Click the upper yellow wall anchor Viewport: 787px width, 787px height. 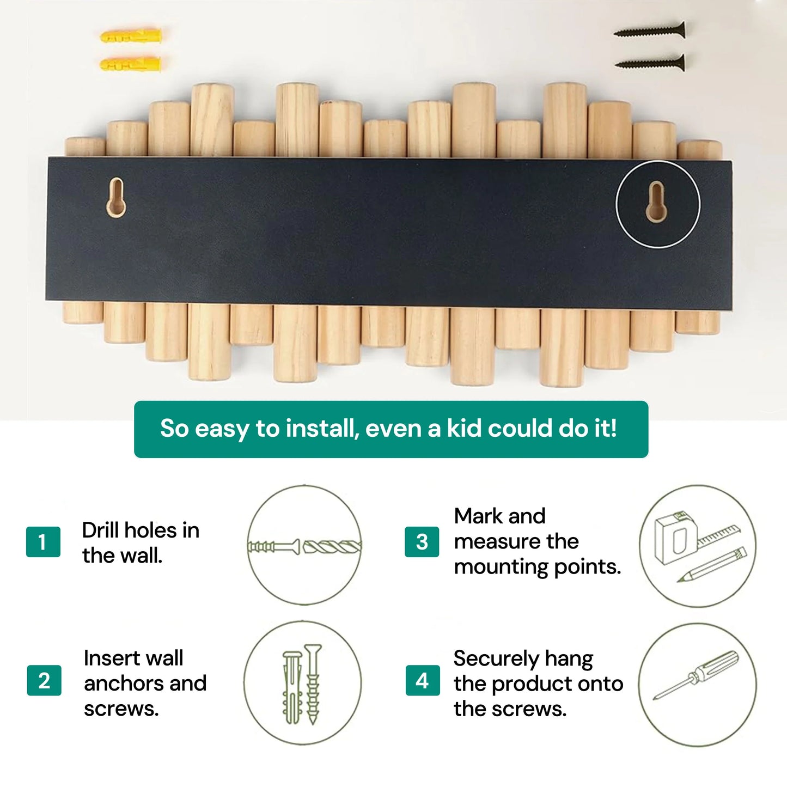pos(131,36)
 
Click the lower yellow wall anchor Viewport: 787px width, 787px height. pos(131,64)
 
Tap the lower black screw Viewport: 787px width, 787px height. pos(650,63)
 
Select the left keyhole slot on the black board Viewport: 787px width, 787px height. pos(116,197)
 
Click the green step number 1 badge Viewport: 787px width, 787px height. pos(43,542)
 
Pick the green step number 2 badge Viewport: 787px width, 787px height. pos(44,680)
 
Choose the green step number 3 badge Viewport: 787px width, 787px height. pos(422,542)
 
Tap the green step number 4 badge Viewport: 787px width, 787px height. pos(422,680)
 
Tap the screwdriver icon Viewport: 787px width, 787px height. pos(697,675)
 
